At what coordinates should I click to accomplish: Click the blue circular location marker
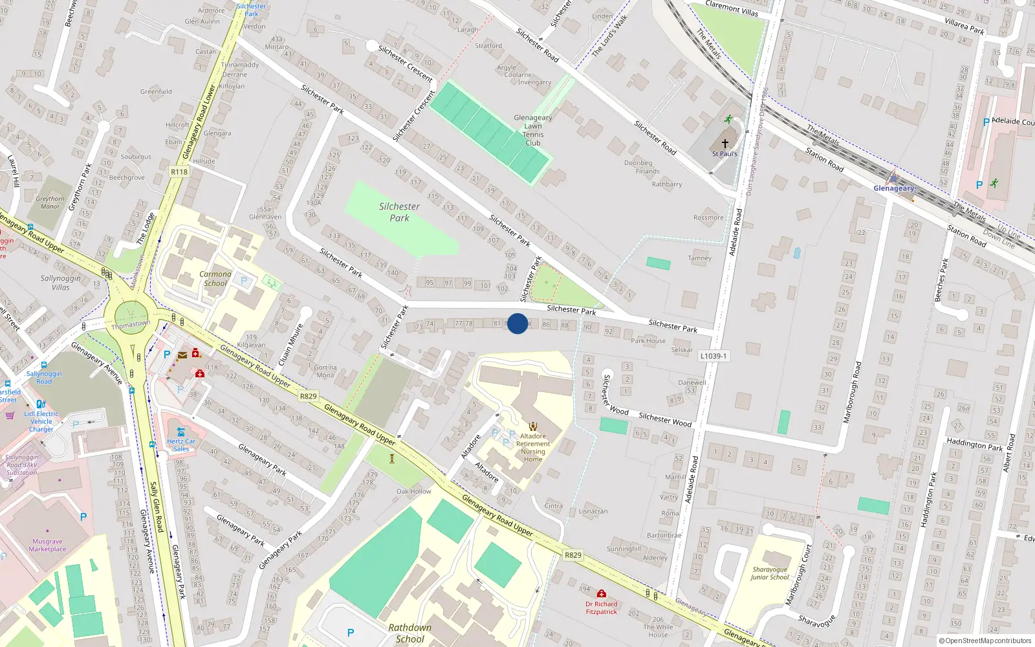[x=517, y=323]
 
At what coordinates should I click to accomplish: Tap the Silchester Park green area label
[x=399, y=212]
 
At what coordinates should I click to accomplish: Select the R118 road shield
[x=179, y=171]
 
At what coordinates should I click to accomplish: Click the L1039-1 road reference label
[x=714, y=356]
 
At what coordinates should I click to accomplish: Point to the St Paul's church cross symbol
[x=725, y=144]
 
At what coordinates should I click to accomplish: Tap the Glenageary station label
[x=894, y=188]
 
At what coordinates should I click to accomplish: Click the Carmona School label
[x=216, y=279]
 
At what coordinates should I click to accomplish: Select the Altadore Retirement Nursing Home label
[x=533, y=448]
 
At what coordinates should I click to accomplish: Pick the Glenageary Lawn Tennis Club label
[x=533, y=130]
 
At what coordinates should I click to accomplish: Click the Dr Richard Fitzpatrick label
[x=602, y=608]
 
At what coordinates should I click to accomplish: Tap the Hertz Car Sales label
[x=181, y=445]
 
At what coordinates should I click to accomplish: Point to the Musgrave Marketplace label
[x=47, y=545]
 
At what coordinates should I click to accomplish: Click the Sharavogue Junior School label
[x=770, y=573]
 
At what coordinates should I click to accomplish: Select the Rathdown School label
[x=409, y=633]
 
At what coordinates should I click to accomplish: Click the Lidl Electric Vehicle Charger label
[x=41, y=421]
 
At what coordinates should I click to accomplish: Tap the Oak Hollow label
[x=414, y=491]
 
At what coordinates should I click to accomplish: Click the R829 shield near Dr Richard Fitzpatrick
[x=573, y=554]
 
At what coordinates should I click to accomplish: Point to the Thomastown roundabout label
[x=131, y=324]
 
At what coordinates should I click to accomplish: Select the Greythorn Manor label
[x=50, y=203]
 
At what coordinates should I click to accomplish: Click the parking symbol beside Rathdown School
[x=351, y=633]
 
